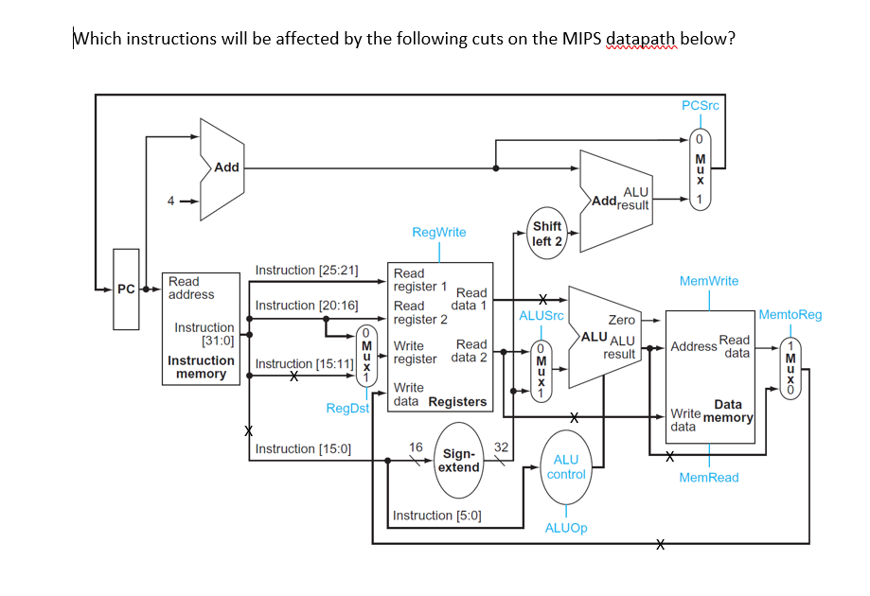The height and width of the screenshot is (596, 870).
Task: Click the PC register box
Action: click(x=126, y=289)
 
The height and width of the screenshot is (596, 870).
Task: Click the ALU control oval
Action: click(x=566, y=466)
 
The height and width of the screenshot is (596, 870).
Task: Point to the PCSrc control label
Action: click(x=700, y=105)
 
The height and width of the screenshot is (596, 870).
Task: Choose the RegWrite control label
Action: click(x=438, y=232)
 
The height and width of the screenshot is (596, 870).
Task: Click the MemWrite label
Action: click(x=709, y=281)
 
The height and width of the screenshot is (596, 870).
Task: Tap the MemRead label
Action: click(x=709, y=478)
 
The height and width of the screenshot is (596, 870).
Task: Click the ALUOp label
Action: click(x=566, y=528)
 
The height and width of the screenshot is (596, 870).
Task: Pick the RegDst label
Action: click(x=346, y=408)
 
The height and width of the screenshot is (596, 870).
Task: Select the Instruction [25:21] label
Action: click(x=307, y=271)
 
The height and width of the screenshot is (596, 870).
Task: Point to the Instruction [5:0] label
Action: click(x=436, y=516)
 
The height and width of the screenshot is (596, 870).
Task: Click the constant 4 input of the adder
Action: click(x=171, y=201)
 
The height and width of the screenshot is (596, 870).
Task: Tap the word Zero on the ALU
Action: click(x=621, y=321)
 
